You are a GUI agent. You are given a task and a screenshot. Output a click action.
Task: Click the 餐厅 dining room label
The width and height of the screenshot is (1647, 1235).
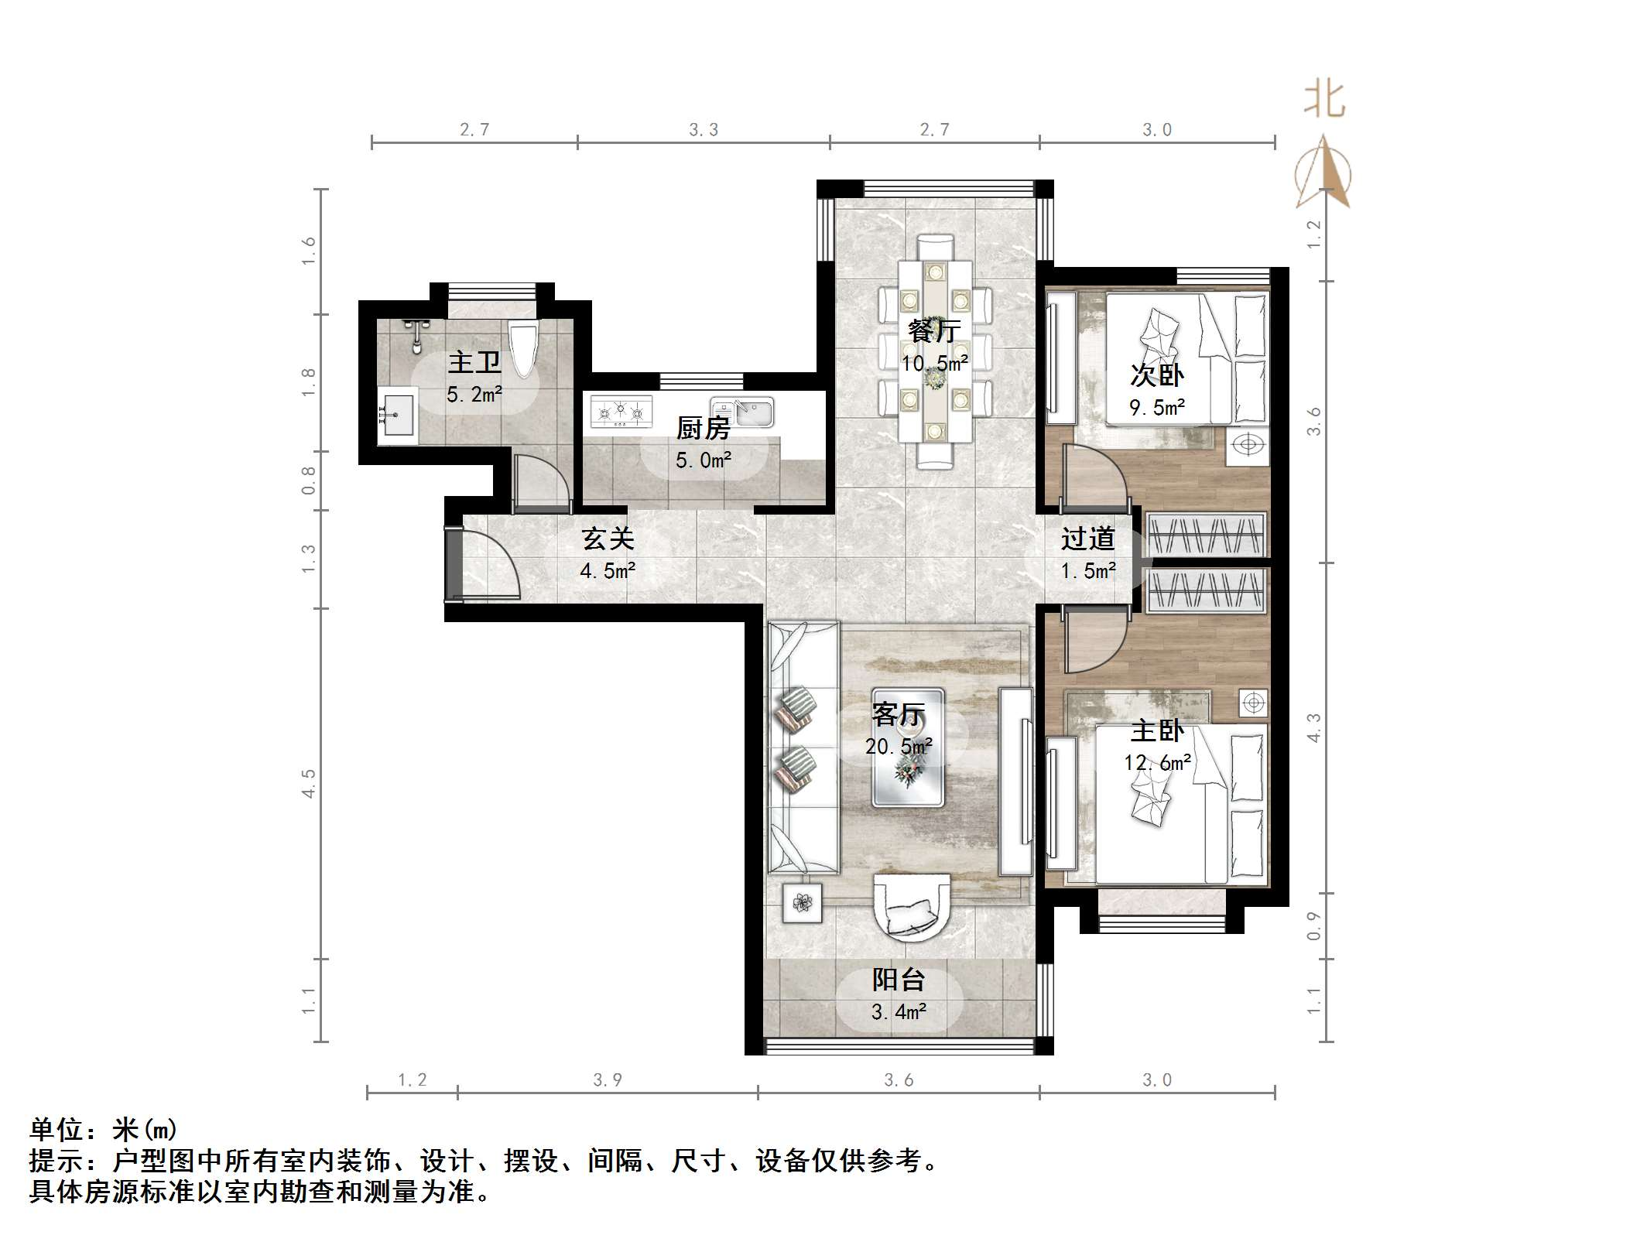(934, 331)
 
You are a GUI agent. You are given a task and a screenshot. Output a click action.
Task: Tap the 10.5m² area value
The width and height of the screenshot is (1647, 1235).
(934, 364)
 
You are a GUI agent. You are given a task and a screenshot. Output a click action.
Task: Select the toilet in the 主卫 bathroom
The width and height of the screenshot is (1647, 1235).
(523, 348)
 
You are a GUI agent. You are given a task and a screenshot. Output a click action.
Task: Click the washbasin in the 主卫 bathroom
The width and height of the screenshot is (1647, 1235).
(397, 416)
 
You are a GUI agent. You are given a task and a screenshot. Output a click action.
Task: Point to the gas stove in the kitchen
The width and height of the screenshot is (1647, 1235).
(621, 412)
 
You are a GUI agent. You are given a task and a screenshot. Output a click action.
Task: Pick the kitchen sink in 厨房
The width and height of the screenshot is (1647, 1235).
(743, 412)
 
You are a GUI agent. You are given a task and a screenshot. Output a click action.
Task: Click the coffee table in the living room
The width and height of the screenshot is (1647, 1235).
(908, 747)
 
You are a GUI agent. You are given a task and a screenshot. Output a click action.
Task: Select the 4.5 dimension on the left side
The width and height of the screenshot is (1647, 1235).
(309, 783)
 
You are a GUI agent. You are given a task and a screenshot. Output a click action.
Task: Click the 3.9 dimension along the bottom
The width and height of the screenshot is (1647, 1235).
(608, 1079)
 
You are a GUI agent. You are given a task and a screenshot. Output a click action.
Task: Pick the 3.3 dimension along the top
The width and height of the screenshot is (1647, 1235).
(704, 130)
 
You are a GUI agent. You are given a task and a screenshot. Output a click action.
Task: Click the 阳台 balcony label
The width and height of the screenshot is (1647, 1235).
(899, 980)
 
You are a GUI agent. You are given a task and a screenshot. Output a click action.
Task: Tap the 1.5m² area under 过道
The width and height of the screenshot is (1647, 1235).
(1087, 572)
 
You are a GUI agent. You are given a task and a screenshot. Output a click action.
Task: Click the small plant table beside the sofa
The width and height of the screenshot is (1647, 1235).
(802, 902)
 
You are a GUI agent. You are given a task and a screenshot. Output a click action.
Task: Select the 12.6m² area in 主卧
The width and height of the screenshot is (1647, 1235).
(1157, 763)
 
